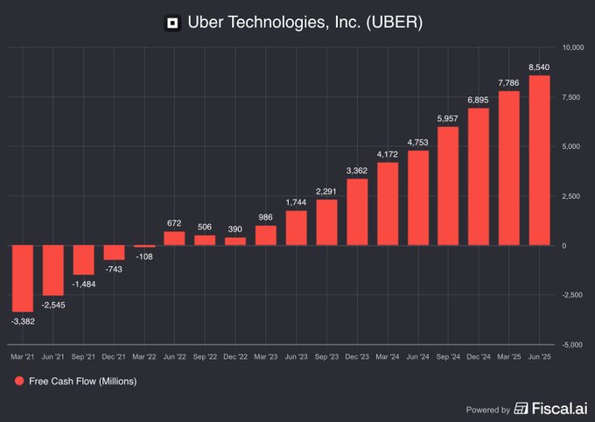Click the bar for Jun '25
[539, 160]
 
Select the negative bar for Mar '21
[23, 278]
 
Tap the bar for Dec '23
[357, 212]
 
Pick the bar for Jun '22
[175, 238]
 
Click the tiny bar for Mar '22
[144, 247]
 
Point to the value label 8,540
[539, 67]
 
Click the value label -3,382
[23, 321]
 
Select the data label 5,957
[448, 118]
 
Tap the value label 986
[266, 216]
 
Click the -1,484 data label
[84, 285]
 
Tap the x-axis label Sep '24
[448, 357]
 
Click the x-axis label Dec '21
[114, 357]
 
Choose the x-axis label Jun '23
[296, 357]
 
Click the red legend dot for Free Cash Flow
[18, 382]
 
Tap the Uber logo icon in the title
[173, 23]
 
